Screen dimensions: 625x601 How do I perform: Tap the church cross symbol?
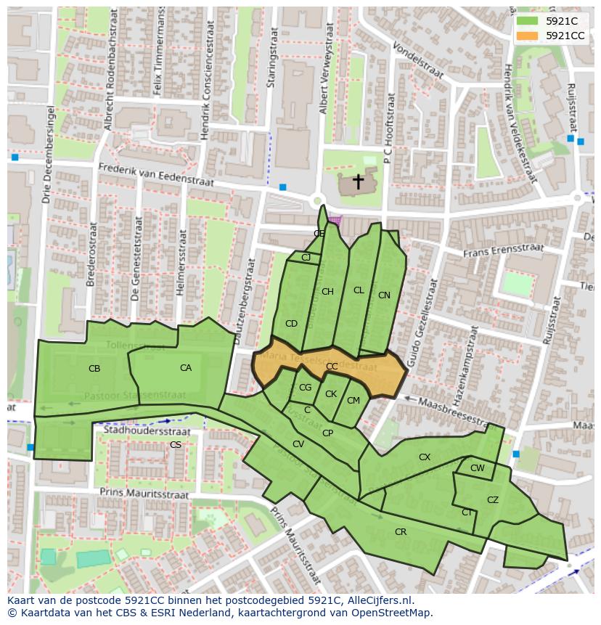(x=358, y=181)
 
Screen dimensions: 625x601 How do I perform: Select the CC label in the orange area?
(x=332, y=367)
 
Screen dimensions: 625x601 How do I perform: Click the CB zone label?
(x=94, y=369)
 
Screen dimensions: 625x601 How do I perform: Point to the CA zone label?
(x=186, y=368)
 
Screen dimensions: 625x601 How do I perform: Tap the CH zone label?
(x=327, y=292)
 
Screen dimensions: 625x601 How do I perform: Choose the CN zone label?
(x=384, y=295)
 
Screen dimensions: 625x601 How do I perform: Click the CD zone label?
(x=291, y=324)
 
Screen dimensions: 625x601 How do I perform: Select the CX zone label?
(x=425, y=457)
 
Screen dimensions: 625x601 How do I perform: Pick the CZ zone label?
(x=493, y=500)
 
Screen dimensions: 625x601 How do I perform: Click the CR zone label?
(x=401, y=532)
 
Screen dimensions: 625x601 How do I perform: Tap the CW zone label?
(x=477, y=468)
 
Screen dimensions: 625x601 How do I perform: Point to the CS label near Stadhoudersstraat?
(x=176, y=445)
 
